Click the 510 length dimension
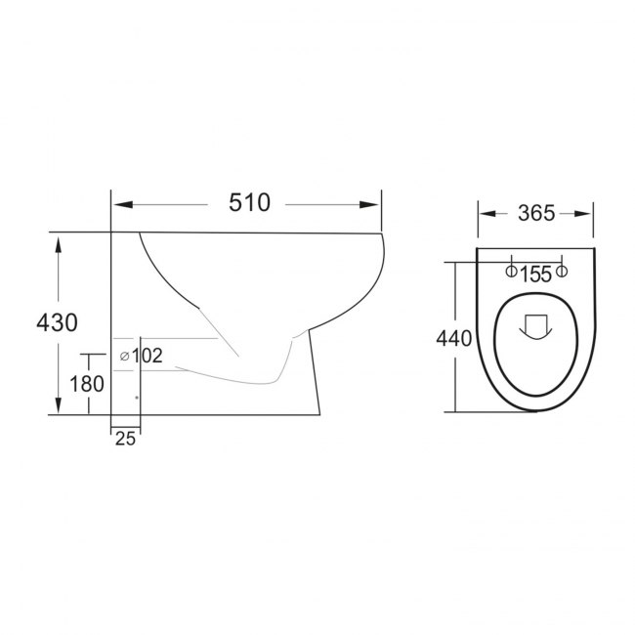[x=249, y=203]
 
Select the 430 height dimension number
[x=57, y=321]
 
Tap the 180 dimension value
[x=87, y=384]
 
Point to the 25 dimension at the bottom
[x=125, y=439]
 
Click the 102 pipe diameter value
[x=147, y=356]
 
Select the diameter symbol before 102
[x=124, y=356]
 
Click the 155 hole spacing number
[x=535, y=275]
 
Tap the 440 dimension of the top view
[x=455, y=339]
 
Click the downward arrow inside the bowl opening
[x=534, y=326]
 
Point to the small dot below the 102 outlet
[x=136, y=398]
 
